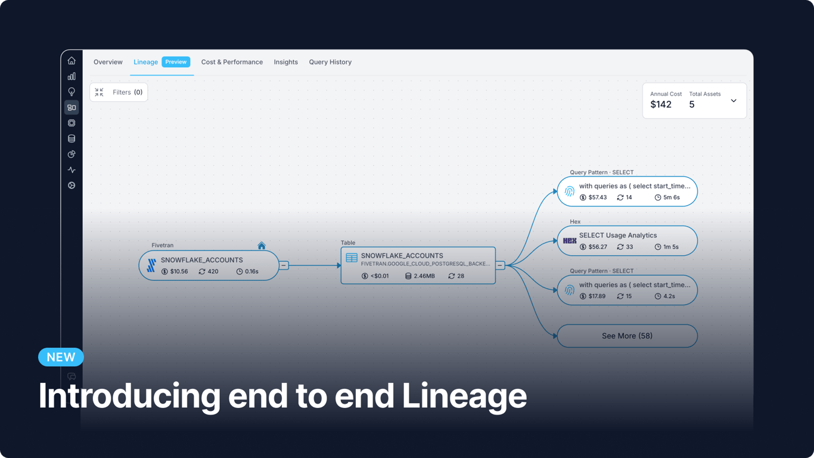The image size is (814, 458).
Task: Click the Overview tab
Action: (108, 62)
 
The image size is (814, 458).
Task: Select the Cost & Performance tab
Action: (232, 62)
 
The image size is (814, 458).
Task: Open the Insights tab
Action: (285, 62)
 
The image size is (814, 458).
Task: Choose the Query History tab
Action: (330, 62)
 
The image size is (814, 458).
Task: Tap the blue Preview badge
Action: (176, 62)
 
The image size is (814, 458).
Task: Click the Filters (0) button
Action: (119, 92)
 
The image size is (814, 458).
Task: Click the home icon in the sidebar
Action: (72, 61)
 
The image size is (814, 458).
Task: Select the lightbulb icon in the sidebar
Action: (72, 92)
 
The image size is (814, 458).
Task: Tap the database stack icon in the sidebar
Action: (72, 138)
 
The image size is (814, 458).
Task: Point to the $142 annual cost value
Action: (661, 105)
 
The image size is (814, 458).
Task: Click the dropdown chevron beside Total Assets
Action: (734, 101)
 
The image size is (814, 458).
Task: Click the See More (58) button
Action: (627, 336)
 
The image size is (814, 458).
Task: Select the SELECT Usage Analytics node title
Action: (618, 236)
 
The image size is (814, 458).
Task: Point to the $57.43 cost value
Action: (597, 197)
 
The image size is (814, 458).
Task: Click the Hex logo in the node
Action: (570, 241)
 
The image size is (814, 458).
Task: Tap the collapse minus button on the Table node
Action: (500, 265)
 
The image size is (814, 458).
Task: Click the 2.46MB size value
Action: (424, 276)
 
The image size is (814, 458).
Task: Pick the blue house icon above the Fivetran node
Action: (262, 246)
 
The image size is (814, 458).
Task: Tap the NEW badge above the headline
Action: (61, 357)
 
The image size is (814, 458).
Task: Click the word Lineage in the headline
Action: (464, 396)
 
